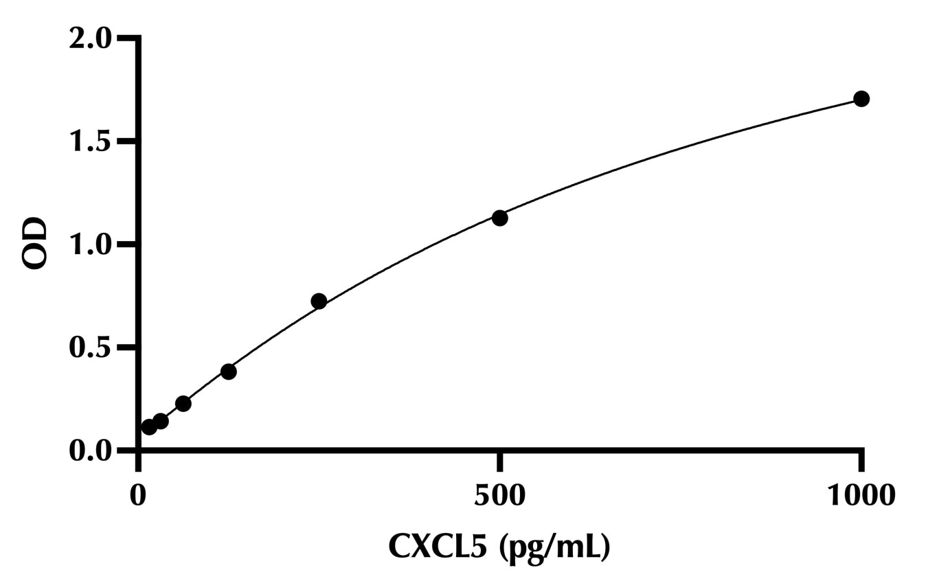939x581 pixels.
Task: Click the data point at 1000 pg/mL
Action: (x=861, y=99)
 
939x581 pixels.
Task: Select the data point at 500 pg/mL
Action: (x=500, y=218)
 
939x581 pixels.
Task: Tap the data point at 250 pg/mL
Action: (x=319, y=301)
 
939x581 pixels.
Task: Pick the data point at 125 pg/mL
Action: (x=229, y=372)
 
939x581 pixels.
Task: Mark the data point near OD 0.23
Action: (x=183, y=403)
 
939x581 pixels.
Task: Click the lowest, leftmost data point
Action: (x=149, y=427)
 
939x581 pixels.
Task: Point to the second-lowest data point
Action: (x=161, y=421)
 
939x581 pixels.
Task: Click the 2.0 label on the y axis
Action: (x=89, y=38)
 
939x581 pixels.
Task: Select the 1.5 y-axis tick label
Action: (x=89, y=141)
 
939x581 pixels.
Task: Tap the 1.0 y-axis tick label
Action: (x=89, y=244)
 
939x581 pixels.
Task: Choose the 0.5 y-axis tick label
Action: (x=89, y=348)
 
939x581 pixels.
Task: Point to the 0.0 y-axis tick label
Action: (x=89, y=451)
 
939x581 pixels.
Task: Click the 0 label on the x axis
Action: (x=138, y=495)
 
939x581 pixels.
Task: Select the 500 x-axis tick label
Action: (x=500, y=495)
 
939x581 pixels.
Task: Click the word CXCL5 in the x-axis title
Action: (x=440, y=547)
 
